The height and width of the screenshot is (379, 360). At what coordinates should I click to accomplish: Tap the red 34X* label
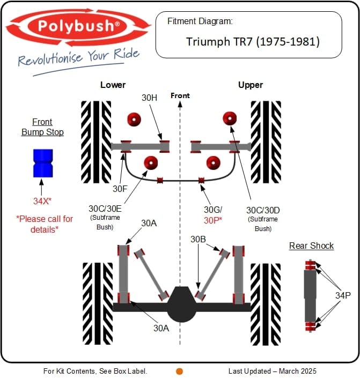click(x=42, y=201)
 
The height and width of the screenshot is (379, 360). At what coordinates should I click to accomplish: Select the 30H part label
click(x=149, y=98)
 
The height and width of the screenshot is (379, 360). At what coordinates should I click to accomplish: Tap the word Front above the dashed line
click(x=180, y=95)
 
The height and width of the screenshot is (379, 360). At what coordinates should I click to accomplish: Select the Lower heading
click(x=113, y=85)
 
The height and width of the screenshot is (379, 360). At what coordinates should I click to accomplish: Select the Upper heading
click(x=250, y=85)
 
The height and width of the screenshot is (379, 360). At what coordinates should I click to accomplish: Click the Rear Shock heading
click(x=311, y=246)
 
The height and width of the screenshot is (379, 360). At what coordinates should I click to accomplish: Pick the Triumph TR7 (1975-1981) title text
click(x=253, y=41)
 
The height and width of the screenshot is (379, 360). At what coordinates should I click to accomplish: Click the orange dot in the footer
click(x=180, y=371)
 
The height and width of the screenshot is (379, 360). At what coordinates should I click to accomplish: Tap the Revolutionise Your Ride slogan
click(x=78, y=57)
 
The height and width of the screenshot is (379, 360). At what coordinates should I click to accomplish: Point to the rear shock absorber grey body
click(x=311, y=295)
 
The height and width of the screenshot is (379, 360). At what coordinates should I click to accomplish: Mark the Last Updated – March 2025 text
click(x=272, y=371)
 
